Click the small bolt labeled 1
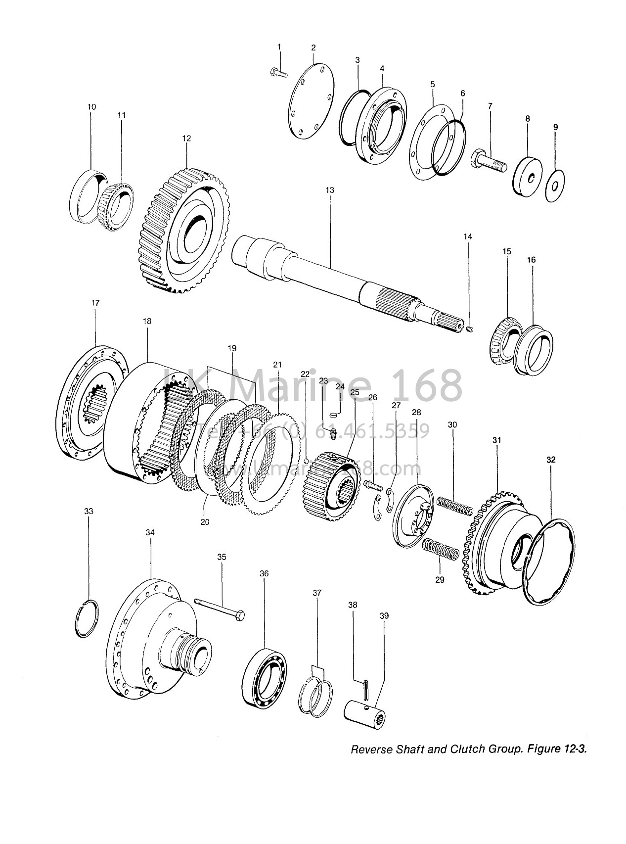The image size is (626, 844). tap(279, 73)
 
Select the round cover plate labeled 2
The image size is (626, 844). tap(311, 102)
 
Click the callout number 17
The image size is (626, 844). tap(95, 303)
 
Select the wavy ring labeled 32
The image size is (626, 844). tap(550, 561)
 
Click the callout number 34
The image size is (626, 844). tap(150, 532)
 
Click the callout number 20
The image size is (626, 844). tap(205, 521)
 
